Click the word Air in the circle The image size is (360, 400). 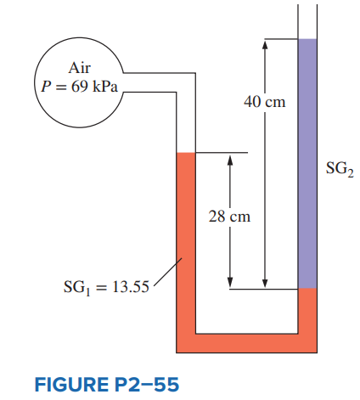point(80,68)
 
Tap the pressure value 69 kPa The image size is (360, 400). point(94,87)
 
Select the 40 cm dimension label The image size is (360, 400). point(265,102)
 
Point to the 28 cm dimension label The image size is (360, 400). point(229,217)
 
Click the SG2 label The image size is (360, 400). point(340,169)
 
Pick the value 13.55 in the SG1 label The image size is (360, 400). point(131,287)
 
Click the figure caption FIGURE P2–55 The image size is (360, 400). point(107,385)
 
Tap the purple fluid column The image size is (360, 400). point(307,164)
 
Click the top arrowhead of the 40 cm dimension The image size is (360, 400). point(265,44)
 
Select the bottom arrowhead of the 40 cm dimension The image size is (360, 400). point(265,284)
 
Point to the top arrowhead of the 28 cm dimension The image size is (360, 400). point(230,159)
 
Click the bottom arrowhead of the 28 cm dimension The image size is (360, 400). point(230,284)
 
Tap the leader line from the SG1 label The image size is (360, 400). point(167,272)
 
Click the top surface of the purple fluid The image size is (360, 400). point(307,39)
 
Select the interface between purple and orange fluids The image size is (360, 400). point(307,289)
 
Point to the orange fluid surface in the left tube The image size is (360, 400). point(186,153)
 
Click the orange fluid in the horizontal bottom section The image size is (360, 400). point(246,343)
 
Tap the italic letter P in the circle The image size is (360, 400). point(46,87)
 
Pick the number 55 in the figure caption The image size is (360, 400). point(166,385)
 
